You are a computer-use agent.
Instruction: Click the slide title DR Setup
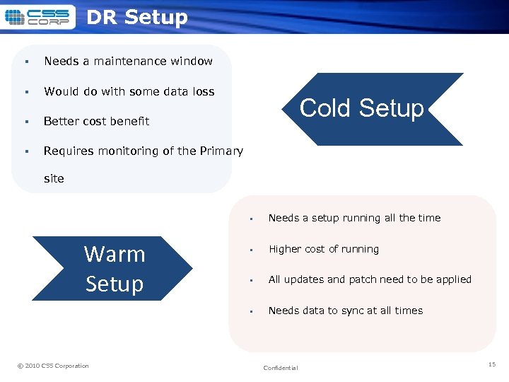136,17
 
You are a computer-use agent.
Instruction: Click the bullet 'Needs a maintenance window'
128,62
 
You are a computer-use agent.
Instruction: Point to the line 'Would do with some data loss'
129,91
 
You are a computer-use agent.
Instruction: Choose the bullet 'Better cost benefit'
96,121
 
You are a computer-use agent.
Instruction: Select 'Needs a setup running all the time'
354,218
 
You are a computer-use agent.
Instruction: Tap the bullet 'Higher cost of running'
323,249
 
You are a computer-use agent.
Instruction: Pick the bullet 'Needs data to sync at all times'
345,311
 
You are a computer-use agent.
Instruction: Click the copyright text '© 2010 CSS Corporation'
53,366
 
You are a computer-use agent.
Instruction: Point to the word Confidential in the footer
281,368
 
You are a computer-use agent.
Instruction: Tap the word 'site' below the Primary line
54,179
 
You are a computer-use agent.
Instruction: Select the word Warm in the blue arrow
114,254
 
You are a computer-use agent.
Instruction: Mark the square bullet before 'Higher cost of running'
252,250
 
